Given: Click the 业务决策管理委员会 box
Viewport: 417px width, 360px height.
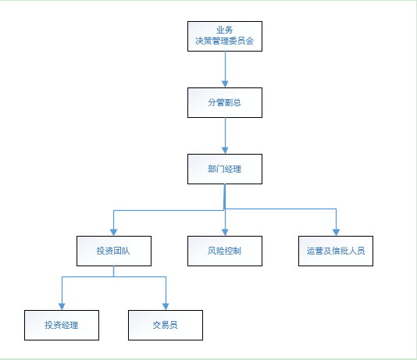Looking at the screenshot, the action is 225,36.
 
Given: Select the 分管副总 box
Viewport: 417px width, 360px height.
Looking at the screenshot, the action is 225,102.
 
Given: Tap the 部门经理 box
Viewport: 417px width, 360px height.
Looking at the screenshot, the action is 225,169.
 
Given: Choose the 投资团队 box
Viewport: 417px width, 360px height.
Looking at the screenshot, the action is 114,251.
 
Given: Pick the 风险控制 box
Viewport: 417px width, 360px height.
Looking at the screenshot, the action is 225,251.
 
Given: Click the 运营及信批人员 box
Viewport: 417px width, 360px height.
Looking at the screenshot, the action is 336,251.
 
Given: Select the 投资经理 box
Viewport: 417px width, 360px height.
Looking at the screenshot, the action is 62,325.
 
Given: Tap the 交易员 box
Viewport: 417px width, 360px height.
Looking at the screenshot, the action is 166,325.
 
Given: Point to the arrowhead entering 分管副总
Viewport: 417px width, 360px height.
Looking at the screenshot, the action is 225,84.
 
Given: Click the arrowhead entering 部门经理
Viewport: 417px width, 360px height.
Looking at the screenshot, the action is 225,151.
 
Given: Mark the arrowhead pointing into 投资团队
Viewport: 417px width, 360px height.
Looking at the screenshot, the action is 113,233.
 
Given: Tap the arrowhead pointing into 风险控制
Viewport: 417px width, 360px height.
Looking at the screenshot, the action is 225,233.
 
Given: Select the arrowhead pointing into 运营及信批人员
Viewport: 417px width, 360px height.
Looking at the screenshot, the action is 336,233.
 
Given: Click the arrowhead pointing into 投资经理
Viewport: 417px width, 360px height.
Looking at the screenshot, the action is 62,307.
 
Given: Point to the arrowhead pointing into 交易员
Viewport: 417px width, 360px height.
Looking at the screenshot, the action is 166,307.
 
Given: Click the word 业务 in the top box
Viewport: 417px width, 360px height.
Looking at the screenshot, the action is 224,30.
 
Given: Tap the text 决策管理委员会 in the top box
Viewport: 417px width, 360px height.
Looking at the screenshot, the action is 224,41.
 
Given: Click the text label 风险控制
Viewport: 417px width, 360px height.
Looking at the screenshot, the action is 224,251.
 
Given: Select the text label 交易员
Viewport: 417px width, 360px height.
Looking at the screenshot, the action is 165,325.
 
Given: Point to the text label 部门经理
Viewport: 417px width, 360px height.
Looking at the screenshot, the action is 224,169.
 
